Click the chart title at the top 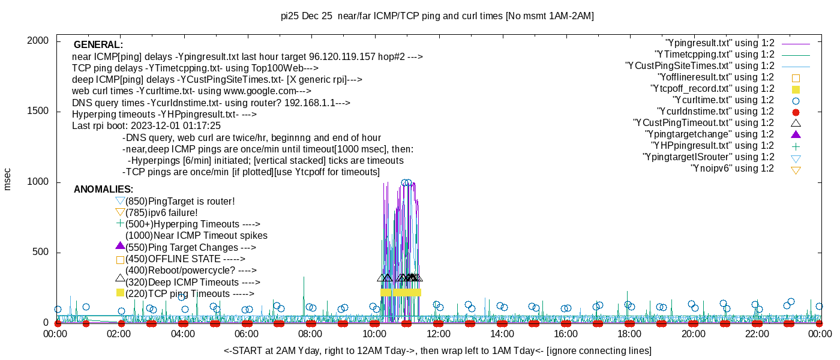(x=437, y=16)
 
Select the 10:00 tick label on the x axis (x=374, y=334)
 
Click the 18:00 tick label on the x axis (x=629, y=334)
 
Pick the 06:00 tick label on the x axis (x=247, y=334)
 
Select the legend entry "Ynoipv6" (x=732, y=169)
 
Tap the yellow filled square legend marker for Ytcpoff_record (x=796, y=89)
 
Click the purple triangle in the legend (x=796, y=134)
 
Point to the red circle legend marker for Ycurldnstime (x=796, y=112)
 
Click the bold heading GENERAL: (x=98, y=45)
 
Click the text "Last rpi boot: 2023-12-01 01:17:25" (x=146, y=126)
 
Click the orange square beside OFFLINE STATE (x=120, y=260)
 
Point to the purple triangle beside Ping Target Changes (x=120, y=246)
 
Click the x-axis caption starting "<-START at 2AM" (x=437, y=350)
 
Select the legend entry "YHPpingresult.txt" (x=712, y=146)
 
